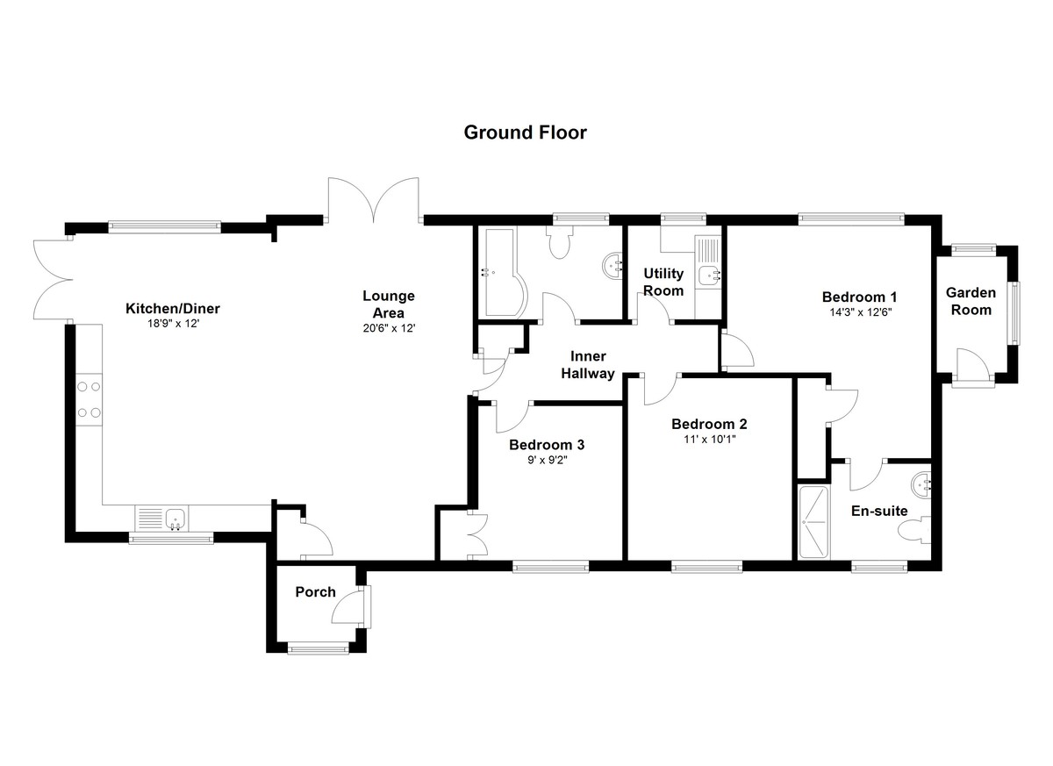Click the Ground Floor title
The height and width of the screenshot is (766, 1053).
(x=525, y=132)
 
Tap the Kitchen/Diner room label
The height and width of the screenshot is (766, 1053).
(x=173, y=308)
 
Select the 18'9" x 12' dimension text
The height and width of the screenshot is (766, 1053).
(x=173, y=324)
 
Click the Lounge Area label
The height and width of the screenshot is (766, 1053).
(x=388, y=304)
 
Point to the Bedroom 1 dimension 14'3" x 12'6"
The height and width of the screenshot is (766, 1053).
(x=858, y=311)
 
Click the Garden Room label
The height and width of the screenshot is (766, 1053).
(x=971, y=301)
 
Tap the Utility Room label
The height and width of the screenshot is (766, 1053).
(x=663, y=283)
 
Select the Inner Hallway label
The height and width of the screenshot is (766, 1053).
(x=592, y=365)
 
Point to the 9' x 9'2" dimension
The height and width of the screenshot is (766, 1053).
(x=547, y=459)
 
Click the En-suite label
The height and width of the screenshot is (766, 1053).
(x=879, y=511)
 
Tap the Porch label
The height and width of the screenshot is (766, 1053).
(x=315, y=591)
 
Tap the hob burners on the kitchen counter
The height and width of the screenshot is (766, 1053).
(x=89, y=398)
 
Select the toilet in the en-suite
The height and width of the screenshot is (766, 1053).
(x=920, y=530)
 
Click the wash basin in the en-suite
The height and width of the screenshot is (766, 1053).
(x=922, y=483)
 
